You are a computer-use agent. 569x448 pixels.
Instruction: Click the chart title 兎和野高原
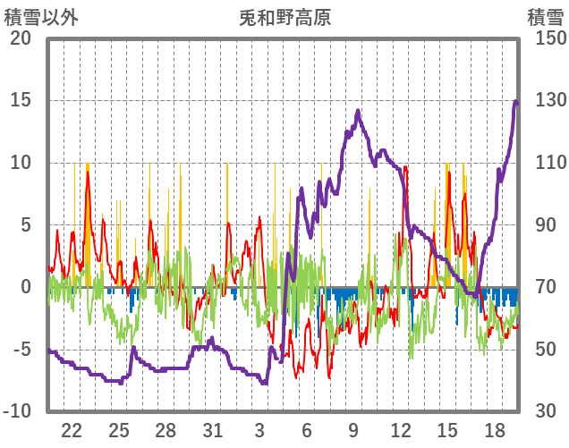pyautogui.click(x=284, y=17)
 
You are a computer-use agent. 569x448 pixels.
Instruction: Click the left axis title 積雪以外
pyautogui.click(x=39, y=17)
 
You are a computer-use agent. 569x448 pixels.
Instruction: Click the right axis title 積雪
pyautogui.click(x=544, y=17)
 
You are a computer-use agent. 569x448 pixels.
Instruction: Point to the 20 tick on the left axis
pyautogui.click(x=21, y=38)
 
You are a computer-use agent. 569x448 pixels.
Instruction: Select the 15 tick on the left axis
pyautogui.click(x=21, y=100)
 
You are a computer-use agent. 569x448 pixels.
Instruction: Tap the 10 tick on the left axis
pyautogui.click(x=21, y=163)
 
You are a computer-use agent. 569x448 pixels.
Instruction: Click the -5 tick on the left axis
pyautogui.click(x=21, y=350)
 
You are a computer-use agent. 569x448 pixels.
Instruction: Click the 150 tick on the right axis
pyautogui.click(x=544, y=38)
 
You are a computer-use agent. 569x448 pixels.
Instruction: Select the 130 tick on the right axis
pyautogui.click(x=544, y=100)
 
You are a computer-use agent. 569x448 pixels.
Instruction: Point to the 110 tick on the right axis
pyautogui.click(x=544, y=163)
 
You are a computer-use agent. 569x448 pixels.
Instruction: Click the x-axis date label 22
pyautogui.click(x=72, y=429)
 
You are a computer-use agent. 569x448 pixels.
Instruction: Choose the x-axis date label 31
pyautogui.click(x=212, y=429)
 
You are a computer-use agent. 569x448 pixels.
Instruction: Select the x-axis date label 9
pyautogui.click(x=353, y=429)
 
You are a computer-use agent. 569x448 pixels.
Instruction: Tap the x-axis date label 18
pyautogui.click(x=495, y=429)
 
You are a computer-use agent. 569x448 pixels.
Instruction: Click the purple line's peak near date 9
pyautogui.click(x=358, y=111)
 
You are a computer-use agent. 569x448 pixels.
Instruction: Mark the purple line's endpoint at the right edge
pyautogui.click(x=516, y=102)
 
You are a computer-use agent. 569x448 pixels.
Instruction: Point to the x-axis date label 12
pyautogui.click(x=401, y=429)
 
